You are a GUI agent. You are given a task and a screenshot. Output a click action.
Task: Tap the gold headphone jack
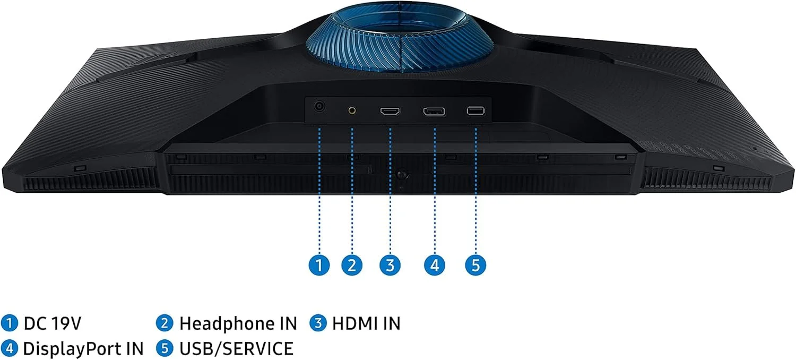[x=352, y=110]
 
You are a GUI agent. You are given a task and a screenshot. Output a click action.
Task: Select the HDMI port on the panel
[x=390, y=112]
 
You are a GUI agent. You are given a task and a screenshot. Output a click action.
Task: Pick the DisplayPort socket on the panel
[x=434, y=112]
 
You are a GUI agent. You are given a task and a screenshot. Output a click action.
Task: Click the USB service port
[x=475, y=110]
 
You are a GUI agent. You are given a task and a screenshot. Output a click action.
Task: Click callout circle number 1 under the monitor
[x=319, y=264]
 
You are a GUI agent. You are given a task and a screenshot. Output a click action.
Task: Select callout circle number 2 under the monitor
[x=352, y=264]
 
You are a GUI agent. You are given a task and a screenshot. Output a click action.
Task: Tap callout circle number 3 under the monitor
[x=390, y=264]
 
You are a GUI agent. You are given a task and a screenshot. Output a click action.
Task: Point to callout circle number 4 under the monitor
[x=435, y=264]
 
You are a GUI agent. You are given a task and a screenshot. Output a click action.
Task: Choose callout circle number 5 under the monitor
[x=475, y=264]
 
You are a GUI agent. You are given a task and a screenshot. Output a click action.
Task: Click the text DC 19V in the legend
[x=52, y=323]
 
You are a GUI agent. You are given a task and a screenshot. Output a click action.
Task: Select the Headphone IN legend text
[x=238, y=323]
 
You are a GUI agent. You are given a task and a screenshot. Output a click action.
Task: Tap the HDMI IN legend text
[x=366, y=323]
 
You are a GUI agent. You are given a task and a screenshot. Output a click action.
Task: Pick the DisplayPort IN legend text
[x=83, y=349]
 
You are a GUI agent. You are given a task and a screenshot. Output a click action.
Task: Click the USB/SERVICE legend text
[x=236, y=349]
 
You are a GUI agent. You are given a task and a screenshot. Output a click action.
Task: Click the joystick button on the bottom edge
[x=402, y=174]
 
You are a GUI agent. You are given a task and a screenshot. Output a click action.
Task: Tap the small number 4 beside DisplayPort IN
[x=9, y=349]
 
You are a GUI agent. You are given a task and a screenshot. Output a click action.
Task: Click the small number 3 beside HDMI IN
[x=318, y=323]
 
